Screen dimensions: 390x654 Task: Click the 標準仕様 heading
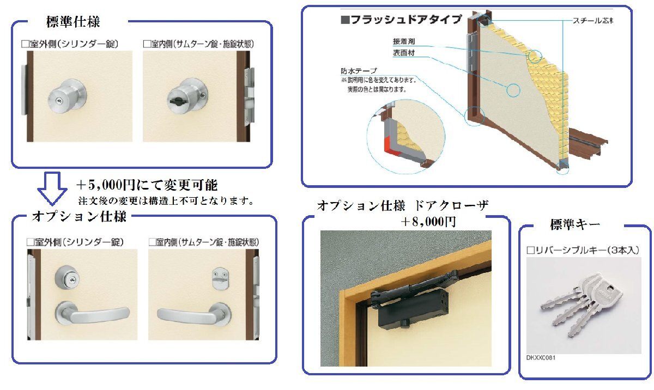pos(73,22)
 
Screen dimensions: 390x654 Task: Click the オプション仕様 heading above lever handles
pos(79,217)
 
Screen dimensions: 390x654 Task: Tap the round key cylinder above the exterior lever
pos(68,278)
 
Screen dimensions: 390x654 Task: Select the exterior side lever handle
pos(92,314)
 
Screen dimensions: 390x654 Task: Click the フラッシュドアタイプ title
pos(401,20)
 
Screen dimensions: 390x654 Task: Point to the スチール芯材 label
pos(592,21)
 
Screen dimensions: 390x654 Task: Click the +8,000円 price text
pos(428,222)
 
